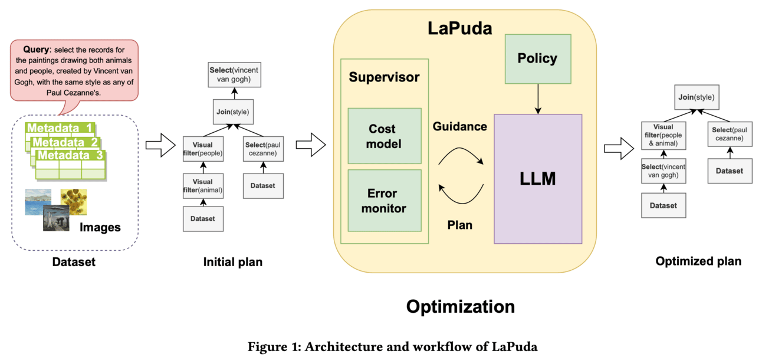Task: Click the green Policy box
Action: [x=537, y=58]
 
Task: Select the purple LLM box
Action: [x=538, y=179]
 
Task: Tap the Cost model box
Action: [x=384, y=136]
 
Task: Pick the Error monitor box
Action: [x=384, y=201]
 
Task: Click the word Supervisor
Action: [x=384, y=77]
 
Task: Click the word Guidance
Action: [x=460, y=126]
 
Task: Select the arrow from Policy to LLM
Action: [x=537, y=99]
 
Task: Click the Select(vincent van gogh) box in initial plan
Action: [x=234, y=74]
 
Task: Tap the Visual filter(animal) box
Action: [x=202, y=186]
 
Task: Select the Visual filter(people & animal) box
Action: [x=664, y=135]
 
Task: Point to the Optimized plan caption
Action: [x=698, y=261]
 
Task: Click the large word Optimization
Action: [x=460, y=306]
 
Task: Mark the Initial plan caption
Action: [x=233, y=262]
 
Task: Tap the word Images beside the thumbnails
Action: [x=100, y=227]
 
